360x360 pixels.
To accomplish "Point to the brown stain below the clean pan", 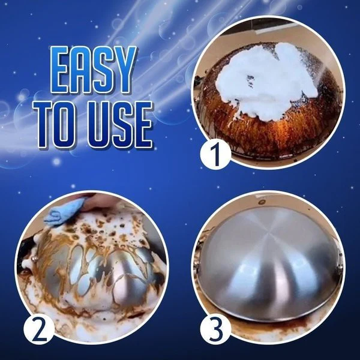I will click(x=270, y=327).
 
